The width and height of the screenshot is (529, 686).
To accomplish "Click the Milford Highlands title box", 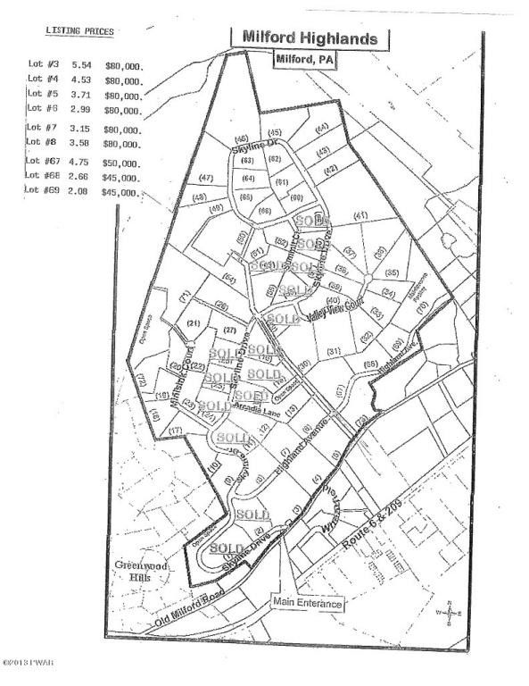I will tap(310, 38).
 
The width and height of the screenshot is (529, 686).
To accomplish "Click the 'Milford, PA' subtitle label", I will tap(308, 60).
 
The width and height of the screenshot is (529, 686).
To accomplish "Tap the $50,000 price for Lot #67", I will tap(122, 164).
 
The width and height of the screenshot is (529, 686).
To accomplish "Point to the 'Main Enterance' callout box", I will tap(308, 604).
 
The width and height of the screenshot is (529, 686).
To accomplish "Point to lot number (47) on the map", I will tap(207, 179).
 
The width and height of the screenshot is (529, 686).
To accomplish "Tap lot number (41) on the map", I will tap(360, 215).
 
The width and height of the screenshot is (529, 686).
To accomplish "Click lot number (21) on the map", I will tap(193, 322).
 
